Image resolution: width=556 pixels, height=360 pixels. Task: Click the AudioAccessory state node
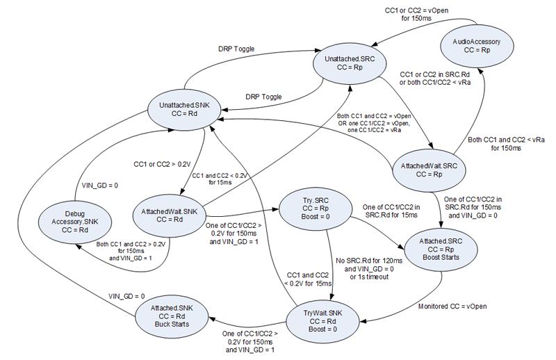pyautogui.click(x=477, y=46)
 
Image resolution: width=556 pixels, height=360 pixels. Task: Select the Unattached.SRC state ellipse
pyautogui.click(x=350, y=63)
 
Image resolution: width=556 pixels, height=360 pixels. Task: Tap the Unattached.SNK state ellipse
pyautogui.click(x=184, y=109)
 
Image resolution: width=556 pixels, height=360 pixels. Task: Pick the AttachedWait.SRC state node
pyautogui.click(x=429, y=170)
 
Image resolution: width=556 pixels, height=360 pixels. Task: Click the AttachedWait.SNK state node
pyautogui.click(x=169, y=215)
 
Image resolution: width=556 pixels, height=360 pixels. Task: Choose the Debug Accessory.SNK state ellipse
pyautogui.click(x=75, y=222)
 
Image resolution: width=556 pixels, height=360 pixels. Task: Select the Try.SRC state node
pyautogui.click(x=316, y=208)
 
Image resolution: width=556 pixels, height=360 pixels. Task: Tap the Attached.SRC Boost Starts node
pyautogui.click(x=441, y=249)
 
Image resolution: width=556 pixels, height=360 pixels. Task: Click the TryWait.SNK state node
pyautogui.click(x=322, y=321)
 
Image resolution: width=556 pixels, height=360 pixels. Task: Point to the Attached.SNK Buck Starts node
pyautogui.click(x=172, y=316)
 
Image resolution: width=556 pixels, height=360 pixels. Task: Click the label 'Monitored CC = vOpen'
pyautogui.click(x=452, y=306)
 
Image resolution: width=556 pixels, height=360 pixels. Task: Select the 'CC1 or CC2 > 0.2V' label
pyautogui.click(x=162, y=164)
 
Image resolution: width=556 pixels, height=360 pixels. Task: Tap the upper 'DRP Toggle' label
pyautogui.click(x=236, y=49)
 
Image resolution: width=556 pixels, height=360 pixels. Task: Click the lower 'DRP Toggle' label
pyautogui.click(x=263, y=97)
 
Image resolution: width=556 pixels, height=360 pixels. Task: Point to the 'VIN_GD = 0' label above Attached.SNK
pyautogui.click(x=126, y=296)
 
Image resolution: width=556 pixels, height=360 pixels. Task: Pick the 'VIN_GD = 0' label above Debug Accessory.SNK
pyautogui.click(x=100, y=185)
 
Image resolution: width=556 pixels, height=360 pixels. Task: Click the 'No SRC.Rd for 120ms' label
pyautogui.click(x=369, y=261)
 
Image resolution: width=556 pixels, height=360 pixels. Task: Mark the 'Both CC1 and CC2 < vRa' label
pyautogui.click(x=506, y=140)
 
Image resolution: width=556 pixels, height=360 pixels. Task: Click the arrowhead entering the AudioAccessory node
pyautogui.click(x=480, y=71)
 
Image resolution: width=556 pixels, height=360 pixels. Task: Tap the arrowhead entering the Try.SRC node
pyautogui.click(x=275, y=210)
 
